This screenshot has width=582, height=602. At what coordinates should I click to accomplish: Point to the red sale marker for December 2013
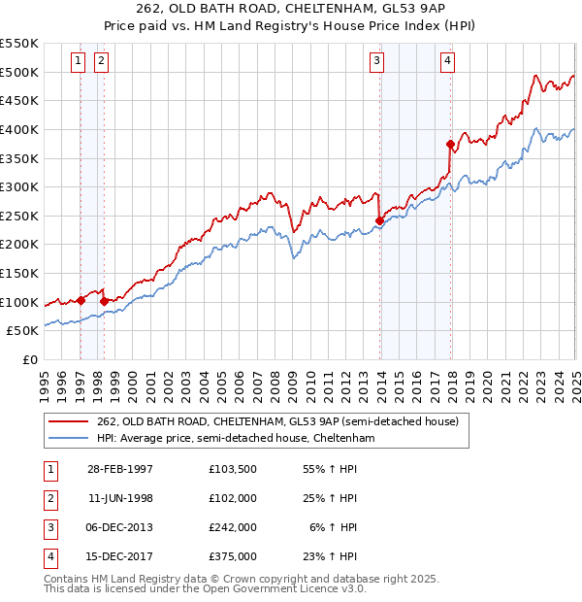(x=379, y=220)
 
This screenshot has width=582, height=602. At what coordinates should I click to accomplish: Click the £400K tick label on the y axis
(x=18, y=129)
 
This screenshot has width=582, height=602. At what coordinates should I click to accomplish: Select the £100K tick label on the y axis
(x=18, y=302)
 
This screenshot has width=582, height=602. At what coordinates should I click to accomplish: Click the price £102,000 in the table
(x=232, y=498)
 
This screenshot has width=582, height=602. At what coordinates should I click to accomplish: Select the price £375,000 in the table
(x=232, y=556)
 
